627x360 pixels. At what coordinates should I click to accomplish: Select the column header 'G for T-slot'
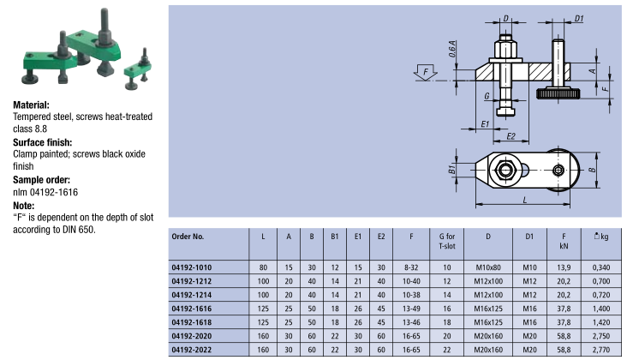coord(446,237)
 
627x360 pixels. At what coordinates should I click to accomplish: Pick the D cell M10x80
coord(488,267)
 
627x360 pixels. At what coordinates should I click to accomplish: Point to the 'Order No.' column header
coord(188,237)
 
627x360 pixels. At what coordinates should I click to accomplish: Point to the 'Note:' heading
coord(23,206)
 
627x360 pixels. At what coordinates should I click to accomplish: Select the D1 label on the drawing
coord(580,18)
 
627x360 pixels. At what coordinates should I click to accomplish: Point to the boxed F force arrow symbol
coord(424,73)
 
